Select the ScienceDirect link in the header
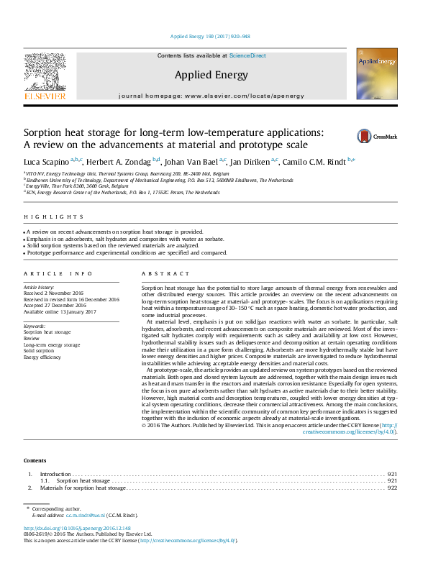coord(247,55)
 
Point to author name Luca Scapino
coord(47,161)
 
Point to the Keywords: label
coord(35,326)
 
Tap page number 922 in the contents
coord(393,488)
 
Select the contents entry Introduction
coord(55,474)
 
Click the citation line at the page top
coord(209,36)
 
